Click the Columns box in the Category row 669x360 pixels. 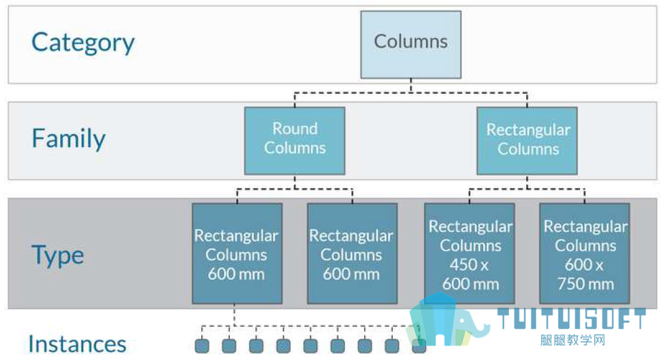coord(411,44)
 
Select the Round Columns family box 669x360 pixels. coord(295,140)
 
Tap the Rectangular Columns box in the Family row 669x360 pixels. coord(527,140)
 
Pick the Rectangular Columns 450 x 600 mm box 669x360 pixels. coord(470,253)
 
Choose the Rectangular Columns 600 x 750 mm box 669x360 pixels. coord(585,253)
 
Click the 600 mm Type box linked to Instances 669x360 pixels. coord(237,253)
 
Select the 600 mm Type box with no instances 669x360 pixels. coord(352,253)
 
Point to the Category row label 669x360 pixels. coord(83,42)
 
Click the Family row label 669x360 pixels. coord(68,138)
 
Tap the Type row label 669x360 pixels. coord(58,256)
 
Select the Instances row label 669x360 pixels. coord(77,344)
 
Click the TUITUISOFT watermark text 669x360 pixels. coord(572,319)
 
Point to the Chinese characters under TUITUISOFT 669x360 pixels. coord(573,340)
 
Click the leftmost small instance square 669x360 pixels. coord(202,345)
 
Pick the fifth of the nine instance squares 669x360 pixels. coord(310,345)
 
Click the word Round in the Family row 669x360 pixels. coord(295,129)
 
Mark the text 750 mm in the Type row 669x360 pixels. coord(586,284)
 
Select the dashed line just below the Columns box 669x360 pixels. coord(411,93)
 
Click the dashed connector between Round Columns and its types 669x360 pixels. coord(295,189)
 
